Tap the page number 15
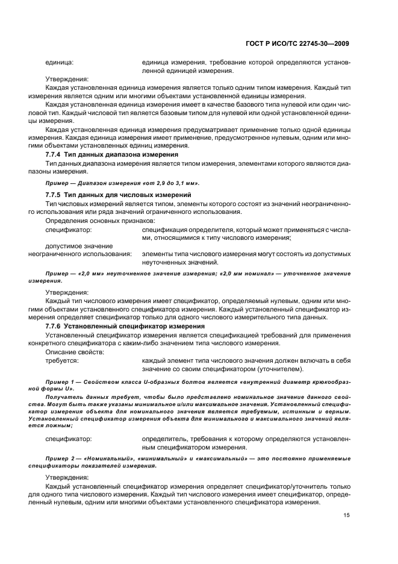click(347, 515)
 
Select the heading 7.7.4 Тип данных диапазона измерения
click(103, 154)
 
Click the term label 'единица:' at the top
click(60, 62)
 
